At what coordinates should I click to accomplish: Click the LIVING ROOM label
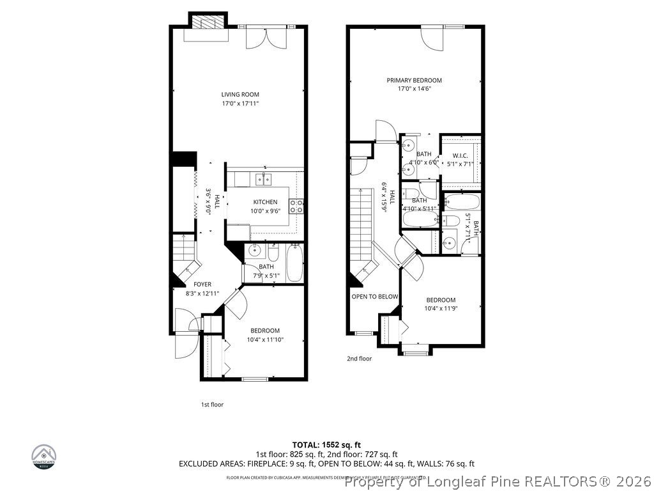(240, 95)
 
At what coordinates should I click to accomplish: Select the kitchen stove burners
(296, 206)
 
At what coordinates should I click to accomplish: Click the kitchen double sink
(263, 179)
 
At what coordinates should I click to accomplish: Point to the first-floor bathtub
(294, 263)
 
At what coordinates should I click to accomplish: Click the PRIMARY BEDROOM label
(414, 81)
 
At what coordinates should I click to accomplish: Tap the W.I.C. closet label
(460, 155)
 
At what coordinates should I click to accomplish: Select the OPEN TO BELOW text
(375, 297)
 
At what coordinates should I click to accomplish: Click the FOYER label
(202, 284)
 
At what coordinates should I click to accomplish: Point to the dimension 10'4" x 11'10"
(265, 339)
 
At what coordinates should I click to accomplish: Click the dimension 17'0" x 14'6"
(414, 89)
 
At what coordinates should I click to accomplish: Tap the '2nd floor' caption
(359, 359)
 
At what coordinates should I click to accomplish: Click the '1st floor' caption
(212, 404)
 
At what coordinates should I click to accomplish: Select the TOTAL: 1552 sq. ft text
(326, 444)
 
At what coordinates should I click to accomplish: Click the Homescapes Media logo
(43, 456)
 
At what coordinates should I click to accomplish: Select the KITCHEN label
(265, 202)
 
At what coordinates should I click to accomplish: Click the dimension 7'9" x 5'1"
(266, 276)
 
